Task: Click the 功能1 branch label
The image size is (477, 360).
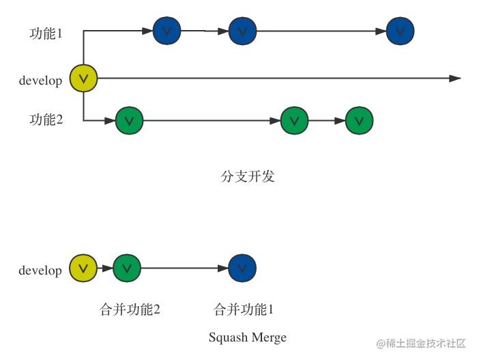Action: (x=46, y=33)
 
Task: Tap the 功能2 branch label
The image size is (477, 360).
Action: (x=46, y=120)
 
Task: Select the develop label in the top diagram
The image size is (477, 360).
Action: (x=40, y=81)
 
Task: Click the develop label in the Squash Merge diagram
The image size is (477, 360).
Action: (x=40, y=271)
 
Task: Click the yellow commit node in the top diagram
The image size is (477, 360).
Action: (x=84, y=79)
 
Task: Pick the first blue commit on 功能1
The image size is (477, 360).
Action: (x=167, y=31)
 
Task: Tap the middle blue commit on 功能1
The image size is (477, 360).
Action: (x=242, y=31)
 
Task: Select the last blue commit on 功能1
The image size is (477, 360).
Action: (x=400, y=31)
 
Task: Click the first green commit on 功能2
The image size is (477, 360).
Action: (x=130, y=121)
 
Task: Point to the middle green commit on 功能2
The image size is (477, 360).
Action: (x=294, y=121)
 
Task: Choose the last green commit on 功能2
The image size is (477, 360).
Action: (x=359, y=121)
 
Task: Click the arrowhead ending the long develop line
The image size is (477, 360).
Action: (x=456, y=79)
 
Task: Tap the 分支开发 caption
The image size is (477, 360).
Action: (x=248, y=176)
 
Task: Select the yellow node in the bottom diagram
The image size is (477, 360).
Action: (x=84, y=268)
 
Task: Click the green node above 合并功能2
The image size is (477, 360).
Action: (x=127, y=268)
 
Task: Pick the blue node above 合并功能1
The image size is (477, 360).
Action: (x=242, y=268)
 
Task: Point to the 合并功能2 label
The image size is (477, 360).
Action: (x=130, y=310)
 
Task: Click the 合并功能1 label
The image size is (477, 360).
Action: (x=244, y=310)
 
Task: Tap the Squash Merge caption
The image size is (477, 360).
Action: (x=248, y=337)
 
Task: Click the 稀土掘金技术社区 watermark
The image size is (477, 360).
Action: (x=421, y=344)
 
